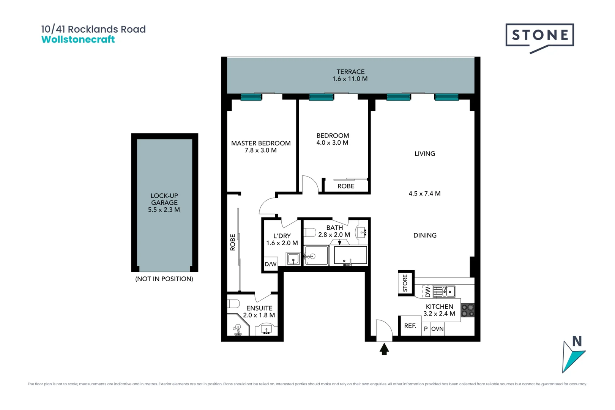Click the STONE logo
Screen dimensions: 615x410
[539, 38]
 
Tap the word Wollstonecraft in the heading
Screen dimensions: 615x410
[78, 39]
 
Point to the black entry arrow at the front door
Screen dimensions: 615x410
[384, 349]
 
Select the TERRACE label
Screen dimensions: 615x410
[350, 72]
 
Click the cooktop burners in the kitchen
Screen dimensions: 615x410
[468, 310]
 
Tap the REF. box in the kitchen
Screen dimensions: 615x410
[410, 326]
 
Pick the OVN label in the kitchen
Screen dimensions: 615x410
[437, 329]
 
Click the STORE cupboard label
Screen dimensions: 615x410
[405, 283]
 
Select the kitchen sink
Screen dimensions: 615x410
[444, 292]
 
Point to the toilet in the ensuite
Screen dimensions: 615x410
[233, 304]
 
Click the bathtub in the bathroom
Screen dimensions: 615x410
[350, 255]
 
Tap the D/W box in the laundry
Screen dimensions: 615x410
[270, 264]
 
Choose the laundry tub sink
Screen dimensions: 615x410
[293, 259]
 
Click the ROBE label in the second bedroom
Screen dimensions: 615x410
[346, 186]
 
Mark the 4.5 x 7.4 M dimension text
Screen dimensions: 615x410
[424, 194]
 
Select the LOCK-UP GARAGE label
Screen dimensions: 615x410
[164, 199]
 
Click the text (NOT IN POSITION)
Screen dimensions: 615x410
[164, 279]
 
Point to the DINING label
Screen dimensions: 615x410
[425, 235]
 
